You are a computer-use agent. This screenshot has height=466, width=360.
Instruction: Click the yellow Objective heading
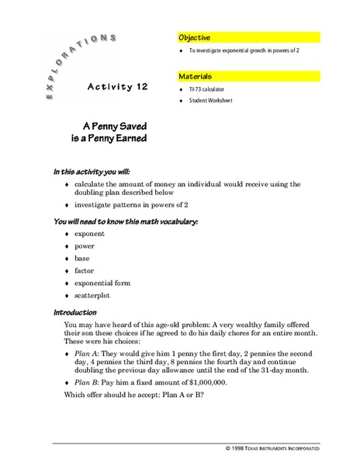(195, 37)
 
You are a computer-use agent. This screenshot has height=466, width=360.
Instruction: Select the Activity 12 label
(117, 86)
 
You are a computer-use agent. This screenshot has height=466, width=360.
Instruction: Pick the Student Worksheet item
(210, 100)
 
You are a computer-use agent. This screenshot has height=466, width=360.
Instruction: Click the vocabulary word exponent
(89, 233)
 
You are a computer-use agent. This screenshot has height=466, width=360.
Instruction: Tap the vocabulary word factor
(85, 270)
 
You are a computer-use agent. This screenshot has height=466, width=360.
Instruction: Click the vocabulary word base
(82, 258)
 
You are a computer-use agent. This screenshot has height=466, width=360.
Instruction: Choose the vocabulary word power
(85, 245)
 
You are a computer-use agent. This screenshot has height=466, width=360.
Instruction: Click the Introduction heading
(74, 312)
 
